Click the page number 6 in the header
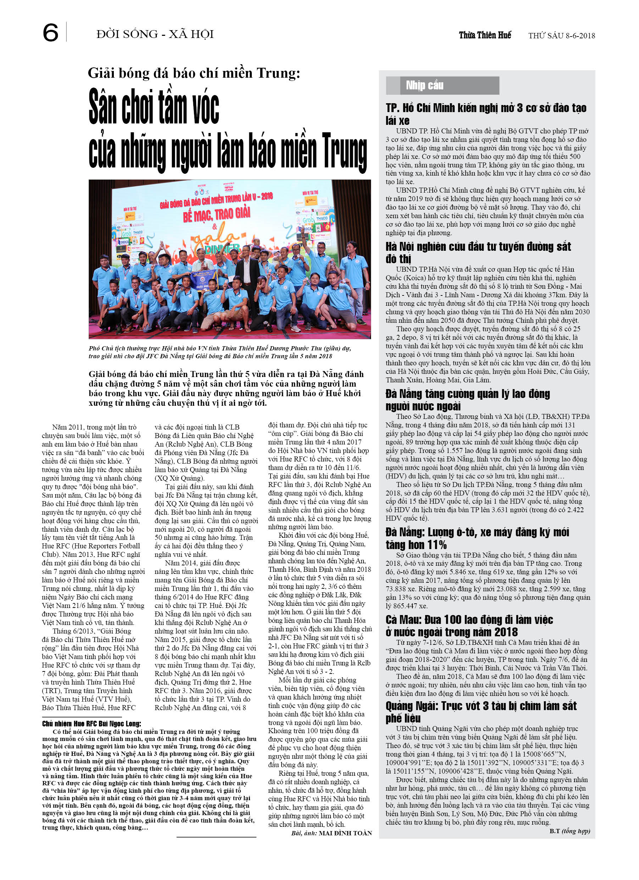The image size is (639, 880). tap(50, 33)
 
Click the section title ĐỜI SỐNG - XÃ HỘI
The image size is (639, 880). tap(155, 34)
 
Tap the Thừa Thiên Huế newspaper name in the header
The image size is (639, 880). tap(485, 35)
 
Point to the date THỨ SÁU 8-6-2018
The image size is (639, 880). tap(561, 36)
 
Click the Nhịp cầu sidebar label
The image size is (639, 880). tap(424, 85)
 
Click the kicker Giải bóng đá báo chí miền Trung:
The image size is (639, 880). tap(194, 73)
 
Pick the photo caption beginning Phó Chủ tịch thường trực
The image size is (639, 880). tap(220, 352)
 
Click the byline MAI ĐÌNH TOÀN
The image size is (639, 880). tap(345, 833)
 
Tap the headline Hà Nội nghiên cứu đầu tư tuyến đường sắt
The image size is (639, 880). tap(478, 252)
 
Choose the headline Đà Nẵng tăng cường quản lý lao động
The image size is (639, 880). tap(467, 400)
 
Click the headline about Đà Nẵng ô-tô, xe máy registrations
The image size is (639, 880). tap(477, 538)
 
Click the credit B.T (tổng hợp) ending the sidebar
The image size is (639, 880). tap(569, 831)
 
